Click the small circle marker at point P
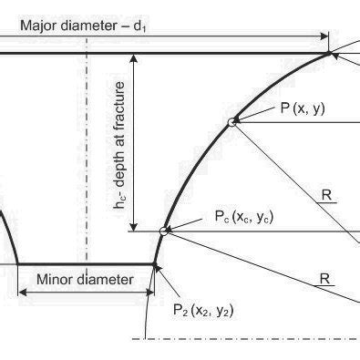(x=232, y=123)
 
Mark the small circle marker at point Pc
(x=164, y=231)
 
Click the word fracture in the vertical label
(x=120, y=92)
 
